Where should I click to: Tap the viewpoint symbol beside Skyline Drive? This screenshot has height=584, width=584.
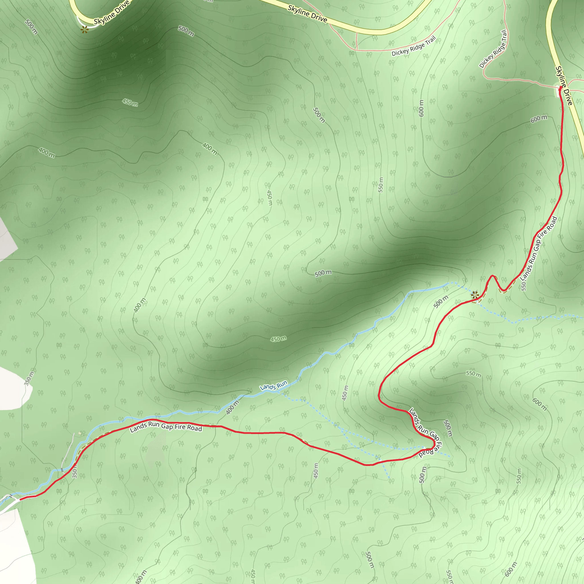84,30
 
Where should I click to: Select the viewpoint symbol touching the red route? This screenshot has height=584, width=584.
475,295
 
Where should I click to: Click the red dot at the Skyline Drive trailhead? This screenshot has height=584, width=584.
561,88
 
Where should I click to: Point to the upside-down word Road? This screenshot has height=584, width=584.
426,453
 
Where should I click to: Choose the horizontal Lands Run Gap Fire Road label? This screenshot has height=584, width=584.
166,427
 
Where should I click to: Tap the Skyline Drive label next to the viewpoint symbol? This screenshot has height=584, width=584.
111,13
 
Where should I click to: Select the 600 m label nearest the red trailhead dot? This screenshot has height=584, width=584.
539,119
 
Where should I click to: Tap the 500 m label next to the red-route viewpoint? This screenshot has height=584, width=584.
441,302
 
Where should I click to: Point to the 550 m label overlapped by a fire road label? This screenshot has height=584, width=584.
524,285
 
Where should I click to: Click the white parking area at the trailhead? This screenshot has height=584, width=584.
558,92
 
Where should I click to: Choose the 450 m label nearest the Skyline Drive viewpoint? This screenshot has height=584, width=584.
130,102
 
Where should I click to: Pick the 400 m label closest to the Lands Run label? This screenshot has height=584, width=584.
232,407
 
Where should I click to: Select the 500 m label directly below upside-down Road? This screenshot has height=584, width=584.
423,474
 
